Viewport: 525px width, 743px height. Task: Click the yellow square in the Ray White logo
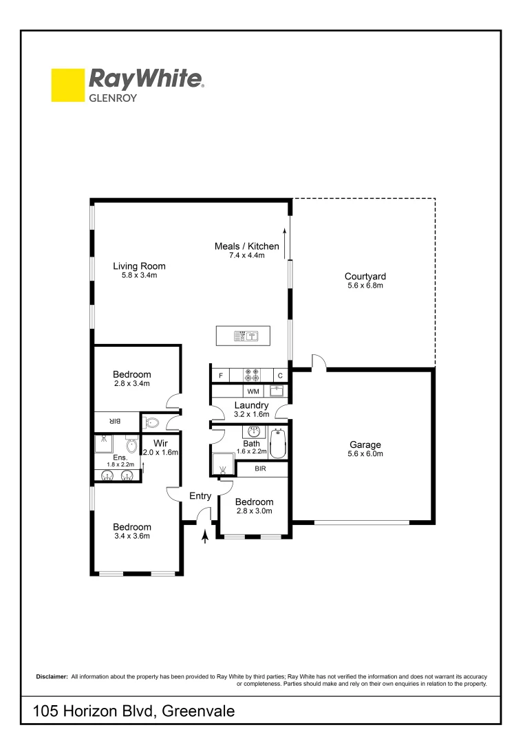pos(67,85)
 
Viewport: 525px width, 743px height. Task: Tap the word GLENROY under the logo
pos(113,98)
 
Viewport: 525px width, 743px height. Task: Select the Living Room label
pos(139,266)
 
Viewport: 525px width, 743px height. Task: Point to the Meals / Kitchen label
pos(247,246)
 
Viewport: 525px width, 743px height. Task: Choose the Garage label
pos(364,444)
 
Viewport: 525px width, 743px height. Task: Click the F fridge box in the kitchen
pos(220,376)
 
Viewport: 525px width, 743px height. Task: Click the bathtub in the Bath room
pos(278,444)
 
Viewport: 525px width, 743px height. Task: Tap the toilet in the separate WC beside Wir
pos(152,422)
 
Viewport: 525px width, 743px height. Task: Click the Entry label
pos(200,496)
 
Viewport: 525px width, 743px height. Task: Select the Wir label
pos(160,442)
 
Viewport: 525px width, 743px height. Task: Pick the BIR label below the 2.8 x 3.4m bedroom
pos(116,421)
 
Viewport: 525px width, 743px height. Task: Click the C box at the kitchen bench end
pos(280,376)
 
